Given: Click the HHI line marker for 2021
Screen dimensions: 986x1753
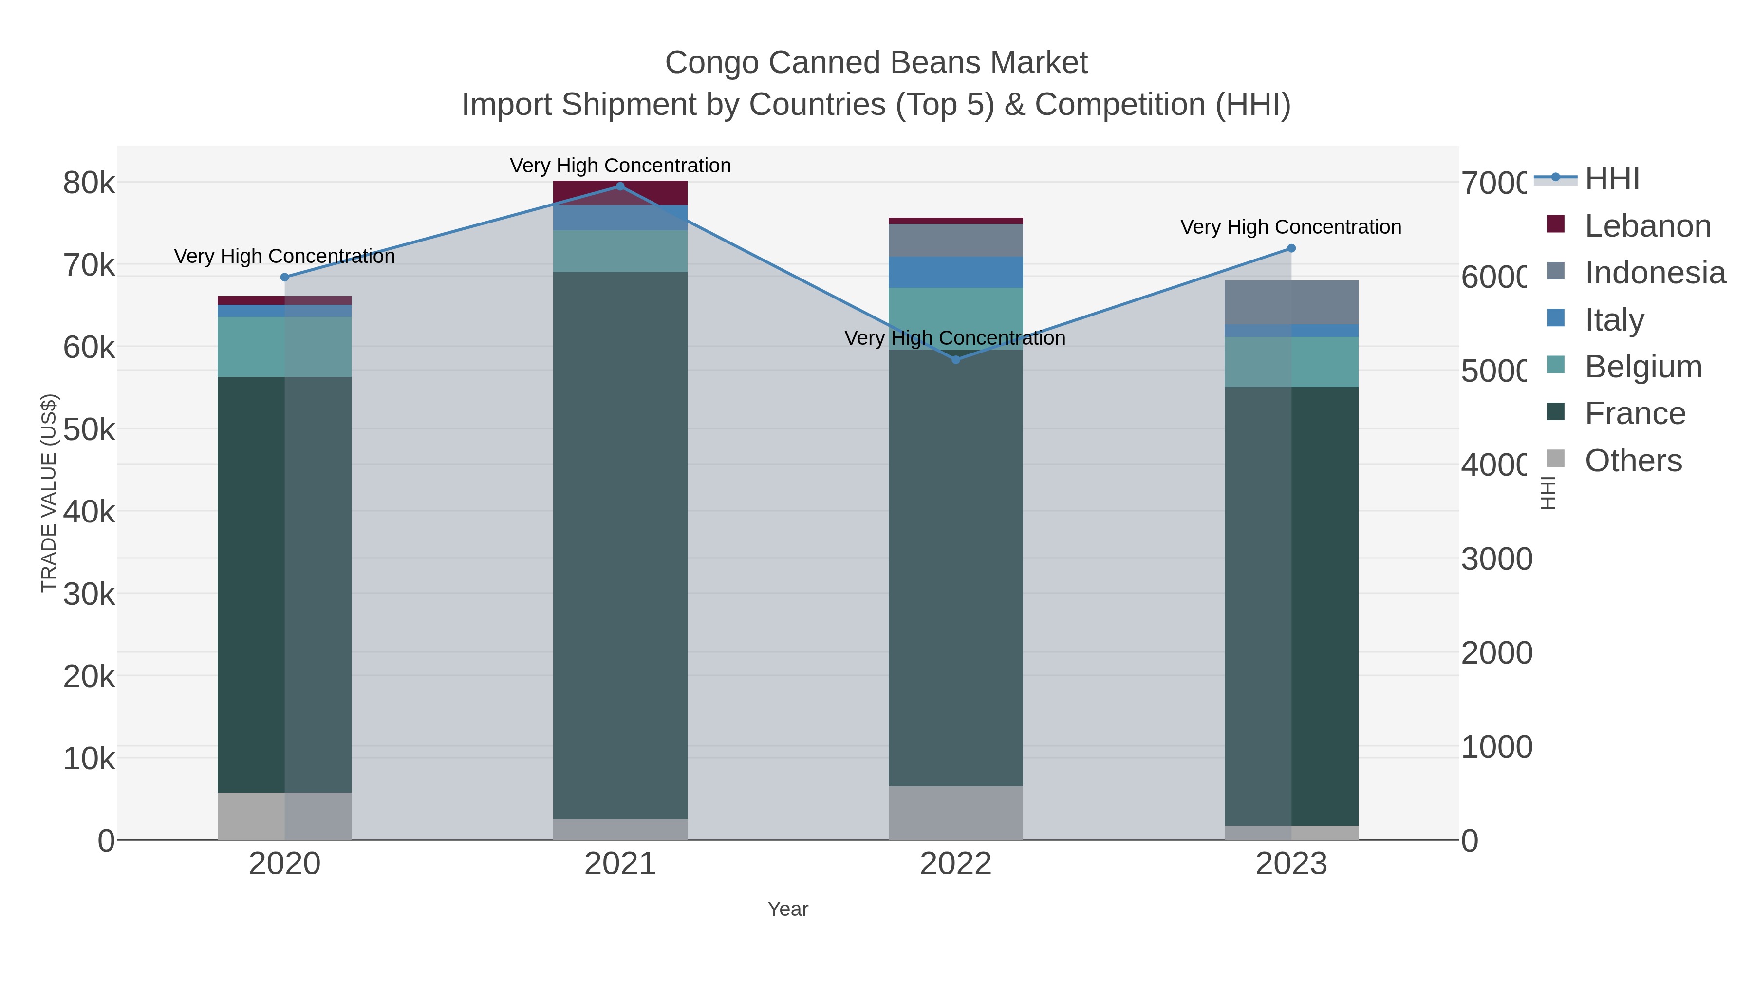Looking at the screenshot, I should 620,186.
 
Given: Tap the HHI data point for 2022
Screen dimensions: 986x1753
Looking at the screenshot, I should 955,360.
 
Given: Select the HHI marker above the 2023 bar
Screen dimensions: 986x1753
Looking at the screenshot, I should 1291,248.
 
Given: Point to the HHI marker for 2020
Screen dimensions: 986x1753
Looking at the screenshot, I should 284,277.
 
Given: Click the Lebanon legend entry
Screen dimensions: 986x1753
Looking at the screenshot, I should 1647,226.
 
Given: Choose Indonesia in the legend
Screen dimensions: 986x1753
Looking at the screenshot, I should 1654,273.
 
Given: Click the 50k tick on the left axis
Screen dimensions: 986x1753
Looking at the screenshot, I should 89,430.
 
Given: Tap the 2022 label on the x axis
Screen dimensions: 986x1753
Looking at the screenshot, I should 955,863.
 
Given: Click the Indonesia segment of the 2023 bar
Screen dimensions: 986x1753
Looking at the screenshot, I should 1291,302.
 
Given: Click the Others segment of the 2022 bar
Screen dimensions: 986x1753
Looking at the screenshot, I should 955,813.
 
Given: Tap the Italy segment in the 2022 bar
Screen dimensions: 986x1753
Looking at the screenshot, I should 955,272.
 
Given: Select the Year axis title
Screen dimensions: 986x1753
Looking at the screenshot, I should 787,909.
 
